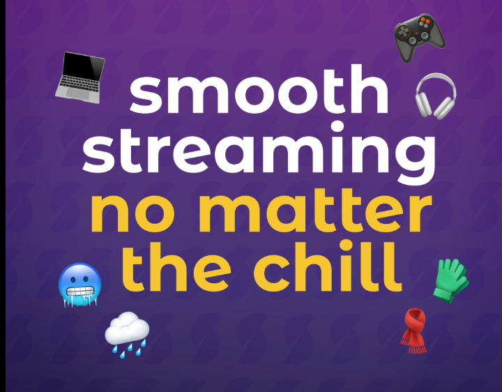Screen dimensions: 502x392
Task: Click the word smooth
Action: tap(259, 89)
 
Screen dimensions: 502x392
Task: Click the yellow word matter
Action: tap(315, 210)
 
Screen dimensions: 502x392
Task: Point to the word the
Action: tap(176, 266)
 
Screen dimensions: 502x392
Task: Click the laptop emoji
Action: tap(80, 77)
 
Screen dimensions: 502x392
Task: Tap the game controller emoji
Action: tap(419, 37)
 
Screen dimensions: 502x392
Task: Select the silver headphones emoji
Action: tap(436, 96)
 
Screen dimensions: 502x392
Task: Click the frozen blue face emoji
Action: tap(79, 285)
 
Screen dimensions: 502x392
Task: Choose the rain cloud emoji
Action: tap(127, 334)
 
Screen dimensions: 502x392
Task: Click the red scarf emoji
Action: tap(414, 331)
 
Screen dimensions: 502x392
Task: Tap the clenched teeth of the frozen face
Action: tap(79, 291)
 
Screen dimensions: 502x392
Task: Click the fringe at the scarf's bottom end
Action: tap(413, 347)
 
